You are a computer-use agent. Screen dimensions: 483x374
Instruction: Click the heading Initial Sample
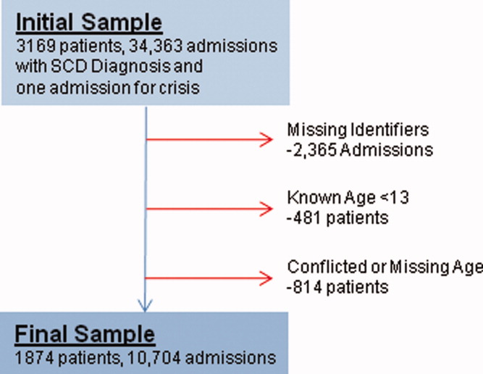(x=89, y=22)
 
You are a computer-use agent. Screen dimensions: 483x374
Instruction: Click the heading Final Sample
(x=85, y=334)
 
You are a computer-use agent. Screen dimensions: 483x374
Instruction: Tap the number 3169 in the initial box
(x=35, y=46)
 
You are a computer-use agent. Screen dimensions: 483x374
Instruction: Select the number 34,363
(x=156, y=46)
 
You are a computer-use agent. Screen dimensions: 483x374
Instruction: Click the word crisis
(x=180, y=88)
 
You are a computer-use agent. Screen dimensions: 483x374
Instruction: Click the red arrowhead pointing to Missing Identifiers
(x=266, y=140)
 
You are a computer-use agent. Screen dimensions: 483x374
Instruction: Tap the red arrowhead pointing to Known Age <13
(x=266, y=209)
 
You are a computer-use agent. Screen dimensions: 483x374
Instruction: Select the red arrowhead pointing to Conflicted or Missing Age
(x=266, y=278)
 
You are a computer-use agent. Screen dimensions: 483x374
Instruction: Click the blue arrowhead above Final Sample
(x=145, y=305)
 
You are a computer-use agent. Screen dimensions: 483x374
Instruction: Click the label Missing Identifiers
(x=358, y=130)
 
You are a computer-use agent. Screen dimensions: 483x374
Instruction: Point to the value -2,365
(x=311, y=150)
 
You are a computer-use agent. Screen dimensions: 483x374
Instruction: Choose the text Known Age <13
(x=348, y=198)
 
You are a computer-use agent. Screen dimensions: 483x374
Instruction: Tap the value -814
(x=304, y=287)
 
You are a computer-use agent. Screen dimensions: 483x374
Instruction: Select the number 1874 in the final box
(x=35, y=358)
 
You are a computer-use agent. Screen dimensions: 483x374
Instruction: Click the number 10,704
(x=153, y=358)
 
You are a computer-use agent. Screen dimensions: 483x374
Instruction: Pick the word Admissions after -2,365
(x=387, y=150)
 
